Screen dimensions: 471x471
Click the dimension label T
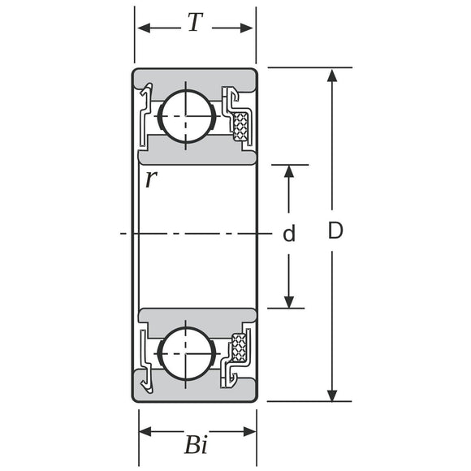[194, 24]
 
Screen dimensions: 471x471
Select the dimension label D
[335, 231]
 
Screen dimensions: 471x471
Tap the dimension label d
[288, 235]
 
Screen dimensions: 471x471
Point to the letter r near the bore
[149, 179]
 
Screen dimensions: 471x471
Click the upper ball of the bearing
[187, 116]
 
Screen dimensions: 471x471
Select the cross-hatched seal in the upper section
[240, 126]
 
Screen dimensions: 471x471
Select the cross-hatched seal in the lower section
[240, 347]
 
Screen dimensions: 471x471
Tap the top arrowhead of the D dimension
[331, 76]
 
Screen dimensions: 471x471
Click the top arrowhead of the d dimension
[289, 171]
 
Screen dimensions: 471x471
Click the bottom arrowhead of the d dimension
[289, 301]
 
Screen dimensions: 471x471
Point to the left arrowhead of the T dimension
[144, 28]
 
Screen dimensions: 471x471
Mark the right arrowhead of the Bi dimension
[249, 431]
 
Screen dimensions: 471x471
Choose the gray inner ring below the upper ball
[195, 156]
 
